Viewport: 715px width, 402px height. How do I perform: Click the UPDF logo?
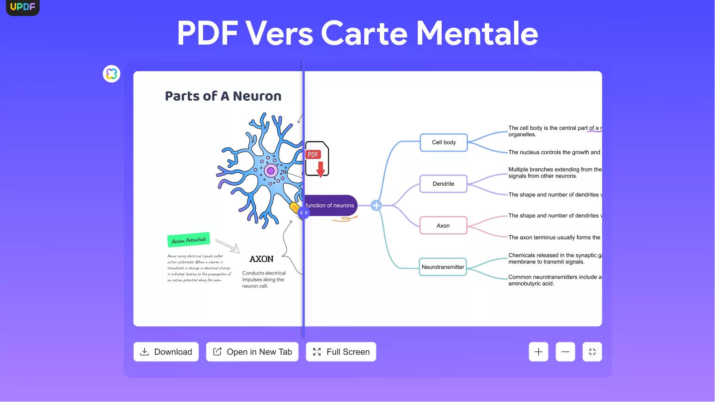(x=23, y=6)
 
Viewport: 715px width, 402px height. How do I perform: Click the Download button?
(x=166, y=352)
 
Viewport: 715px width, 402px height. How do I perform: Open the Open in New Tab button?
(x=252, y=352)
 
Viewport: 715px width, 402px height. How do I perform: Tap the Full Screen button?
(x=341, y=352)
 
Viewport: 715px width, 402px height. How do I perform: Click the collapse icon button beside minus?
(x=592, y=352)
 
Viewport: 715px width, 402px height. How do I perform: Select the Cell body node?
(x=444, y=142)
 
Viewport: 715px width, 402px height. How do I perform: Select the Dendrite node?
(x=443, y=184)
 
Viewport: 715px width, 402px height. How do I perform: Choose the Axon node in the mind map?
(x=443, y=225)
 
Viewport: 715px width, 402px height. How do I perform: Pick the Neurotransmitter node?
(x=443, y=267)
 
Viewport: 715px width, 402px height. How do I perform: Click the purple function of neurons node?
(x=330, y=205)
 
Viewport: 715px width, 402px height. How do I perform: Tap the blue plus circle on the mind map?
(x=376, y=206)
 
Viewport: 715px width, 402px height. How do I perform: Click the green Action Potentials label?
(x=189, y=240)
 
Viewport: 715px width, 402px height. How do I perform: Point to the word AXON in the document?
(x=261, y=259)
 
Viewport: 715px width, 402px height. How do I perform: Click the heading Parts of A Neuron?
(x=223, y=96)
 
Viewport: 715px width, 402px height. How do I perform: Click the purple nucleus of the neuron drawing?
(x=271, y=171)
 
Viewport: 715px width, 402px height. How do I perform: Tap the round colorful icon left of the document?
(x=111, y=73)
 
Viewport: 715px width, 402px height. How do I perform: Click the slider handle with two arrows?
(x=303, y=213)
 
